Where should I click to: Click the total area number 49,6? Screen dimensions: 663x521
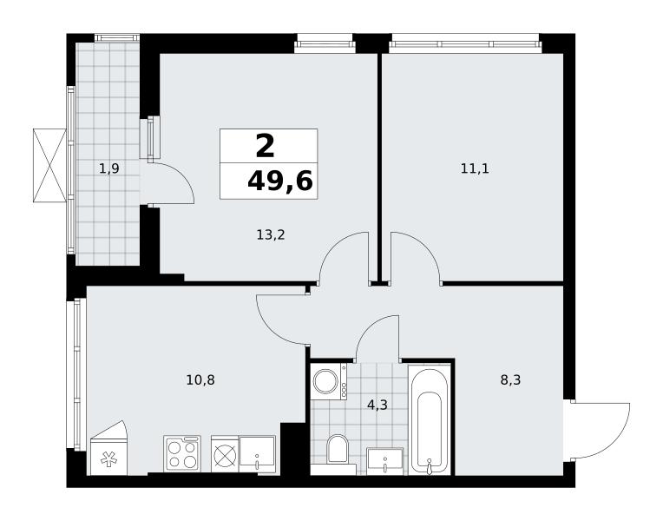click(280, 181)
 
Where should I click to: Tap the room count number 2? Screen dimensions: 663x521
click(266, 147)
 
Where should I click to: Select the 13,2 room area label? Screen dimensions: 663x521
click(271, 234)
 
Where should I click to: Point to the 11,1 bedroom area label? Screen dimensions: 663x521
click(475, 168)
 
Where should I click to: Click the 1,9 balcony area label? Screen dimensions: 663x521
click(109, 169)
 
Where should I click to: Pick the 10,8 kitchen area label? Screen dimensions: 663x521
click(200, 380)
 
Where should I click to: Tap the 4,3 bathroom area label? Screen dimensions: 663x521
click(377, 406)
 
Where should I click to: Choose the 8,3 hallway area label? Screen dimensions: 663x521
click(510, 380)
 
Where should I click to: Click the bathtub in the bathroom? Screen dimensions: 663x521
click(430, 419)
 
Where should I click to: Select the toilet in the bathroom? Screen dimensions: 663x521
click(338, 450)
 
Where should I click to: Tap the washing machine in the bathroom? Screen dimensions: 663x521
click(329, 381)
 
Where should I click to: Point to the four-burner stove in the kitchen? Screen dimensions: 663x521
click(182, 453)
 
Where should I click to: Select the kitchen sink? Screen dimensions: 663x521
click(257, 454)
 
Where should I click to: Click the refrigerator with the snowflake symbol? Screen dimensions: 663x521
click(108, 448)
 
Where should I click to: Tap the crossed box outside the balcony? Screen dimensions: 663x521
click(49, 166)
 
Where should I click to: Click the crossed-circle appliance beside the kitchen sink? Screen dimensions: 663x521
click(225, 454)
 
